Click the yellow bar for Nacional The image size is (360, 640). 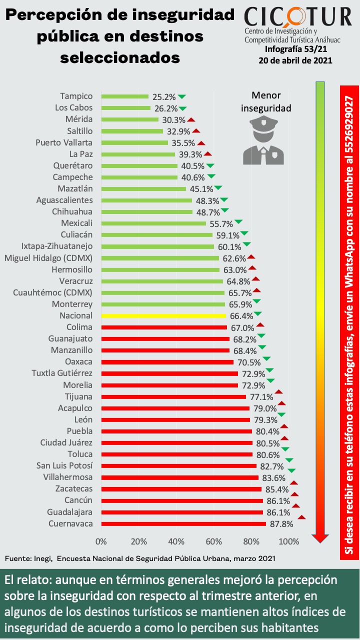[x=163, y=316]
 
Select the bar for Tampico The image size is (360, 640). [x=124, y=96]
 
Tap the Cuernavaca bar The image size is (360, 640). [x=183, y=524]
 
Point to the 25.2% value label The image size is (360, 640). [x=164, y=96]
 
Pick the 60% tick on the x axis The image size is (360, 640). [x=213, y=541]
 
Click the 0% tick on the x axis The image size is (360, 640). [x=101, y=541]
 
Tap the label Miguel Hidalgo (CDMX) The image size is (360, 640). [x=48, y=258]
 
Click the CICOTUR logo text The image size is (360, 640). [x=298, y=17]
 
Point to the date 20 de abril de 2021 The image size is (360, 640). [x=295, y=60]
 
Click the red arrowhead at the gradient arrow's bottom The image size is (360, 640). [x=320, y=538]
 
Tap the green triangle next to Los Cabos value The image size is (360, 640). [x=182, y=108]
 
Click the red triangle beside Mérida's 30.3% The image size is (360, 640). [x=191, y=119]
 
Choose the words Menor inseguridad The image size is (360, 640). [x=266, y=101]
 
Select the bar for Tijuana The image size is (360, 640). [x=173, y=397]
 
